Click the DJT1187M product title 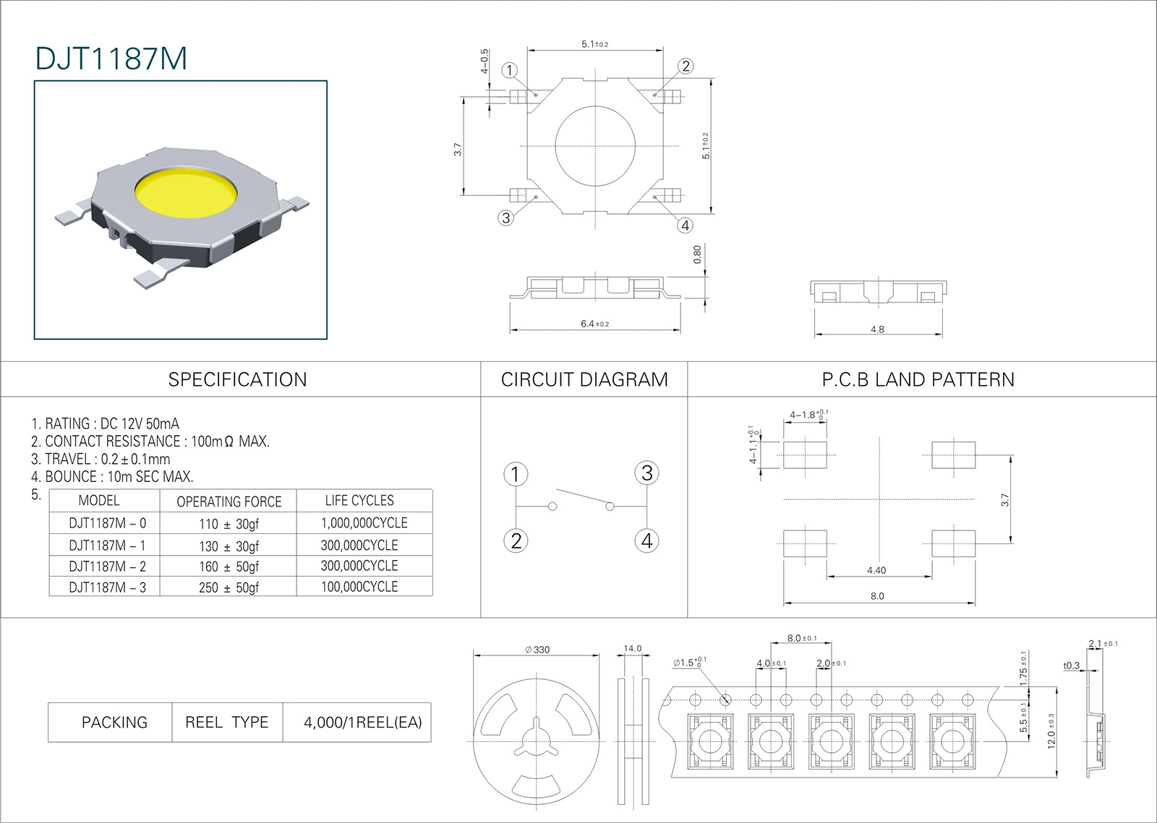click(x=111, y=59)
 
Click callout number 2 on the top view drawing click(x=686, y=66)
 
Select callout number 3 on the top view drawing click(x=505, y=217)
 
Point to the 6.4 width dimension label click(x=594, y=324)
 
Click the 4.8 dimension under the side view click(x=877, y=329)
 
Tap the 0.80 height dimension click(x=697, y=254)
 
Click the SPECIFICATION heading click(x=238, y=380)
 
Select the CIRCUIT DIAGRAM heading click(x=584, y=380)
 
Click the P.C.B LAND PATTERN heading click(x=918, y=380)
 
